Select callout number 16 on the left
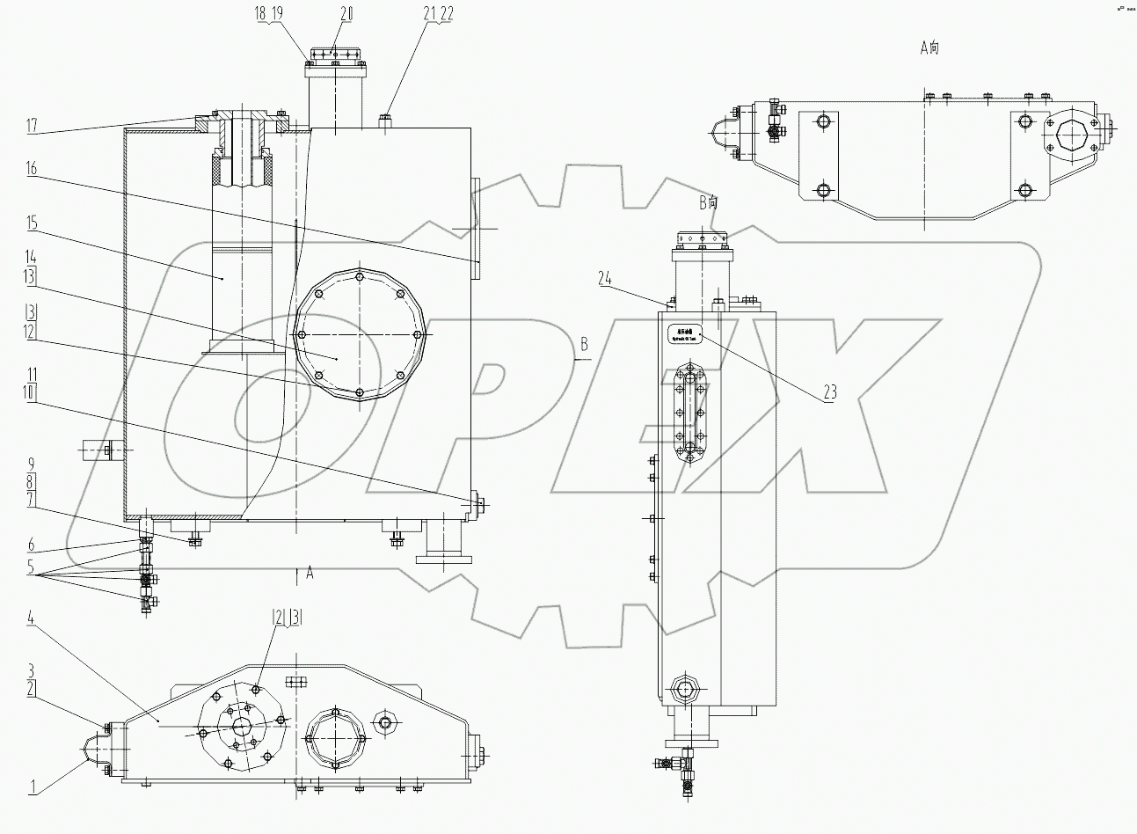click(x=33, y=171)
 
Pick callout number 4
click(x=31, y=619)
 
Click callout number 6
click(x=31, y=545)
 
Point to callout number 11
click(x=31, y=374)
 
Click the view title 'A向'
click(x=929, y=48)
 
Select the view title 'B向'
click(x=708, y=202)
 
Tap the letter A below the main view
click(x=310, y=574)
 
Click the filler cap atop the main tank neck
click(x=335, y=55)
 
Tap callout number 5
click(x=31, y=567)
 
